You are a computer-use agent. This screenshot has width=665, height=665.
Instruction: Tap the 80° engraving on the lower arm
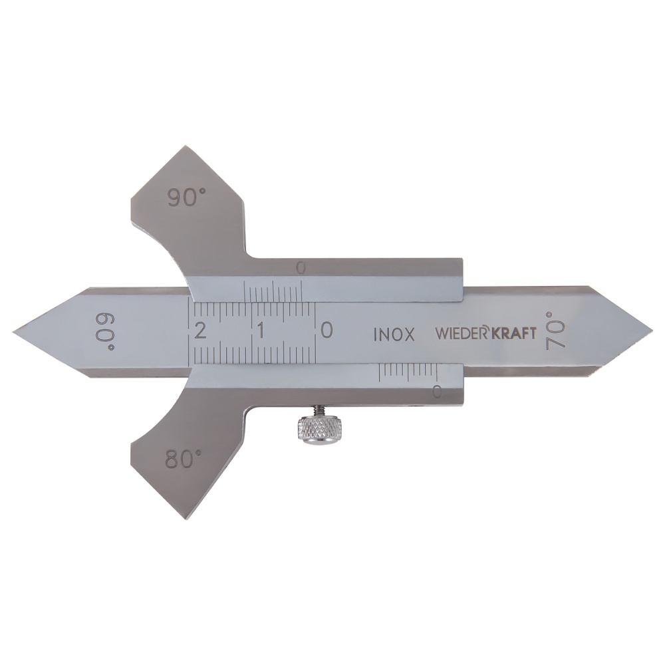(x=184, y=459)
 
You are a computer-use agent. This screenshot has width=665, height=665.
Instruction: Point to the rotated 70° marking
(x=556, y=331)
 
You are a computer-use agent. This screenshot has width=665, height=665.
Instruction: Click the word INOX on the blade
(x=394, y=334)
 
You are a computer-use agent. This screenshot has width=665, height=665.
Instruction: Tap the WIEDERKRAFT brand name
(x=485, y=333)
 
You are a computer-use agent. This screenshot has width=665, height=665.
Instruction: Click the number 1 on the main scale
(x=261, y=331)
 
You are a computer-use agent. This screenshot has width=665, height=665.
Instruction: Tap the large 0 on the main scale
(x=326, y=331)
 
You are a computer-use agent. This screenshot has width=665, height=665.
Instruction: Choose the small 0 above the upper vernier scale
(x=301, y=268)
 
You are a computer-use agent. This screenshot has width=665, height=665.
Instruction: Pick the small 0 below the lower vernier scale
(x=436, y=392)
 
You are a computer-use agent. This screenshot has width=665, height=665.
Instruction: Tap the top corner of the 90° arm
(x=185, y=148)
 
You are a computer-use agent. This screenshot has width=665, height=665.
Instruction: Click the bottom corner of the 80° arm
(x=184, y=517)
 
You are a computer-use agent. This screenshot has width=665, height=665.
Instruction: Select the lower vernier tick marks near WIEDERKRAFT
(x=409, y=373)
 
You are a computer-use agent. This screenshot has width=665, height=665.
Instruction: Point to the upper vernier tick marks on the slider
(x=273, y=291)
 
